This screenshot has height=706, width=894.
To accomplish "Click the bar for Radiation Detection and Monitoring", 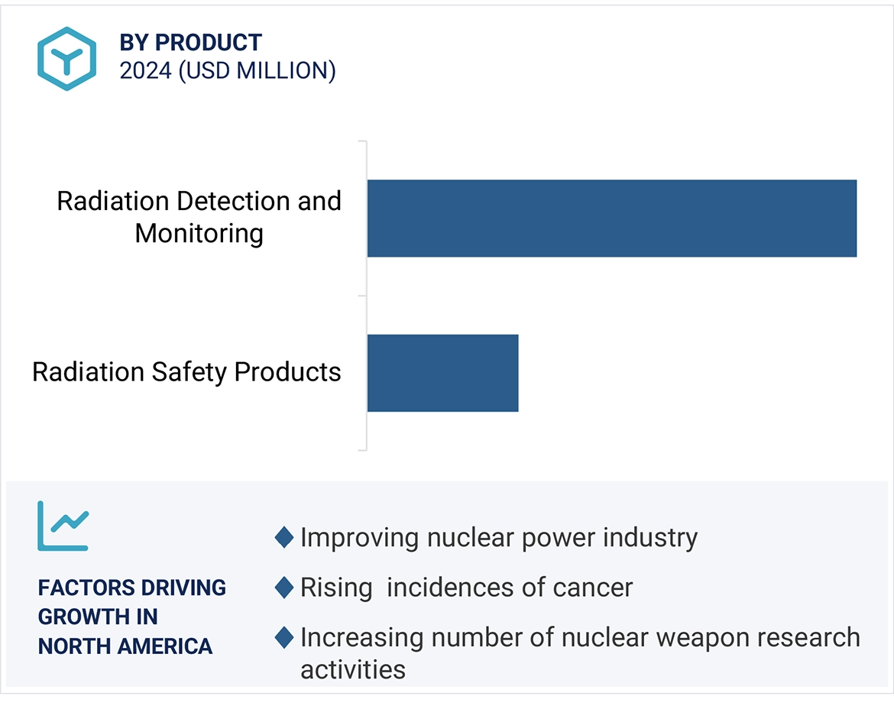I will [x=611, y=219].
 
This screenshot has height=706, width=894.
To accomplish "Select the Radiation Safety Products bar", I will [x=442, y=373].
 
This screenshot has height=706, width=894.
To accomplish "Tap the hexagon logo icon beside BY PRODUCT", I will [x=66, y=59].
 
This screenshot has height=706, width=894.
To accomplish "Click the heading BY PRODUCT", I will [x=190, y=43].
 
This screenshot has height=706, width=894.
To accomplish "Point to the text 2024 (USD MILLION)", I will [x=228, y=71].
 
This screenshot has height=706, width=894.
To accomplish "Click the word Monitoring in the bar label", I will [x=199, y=234].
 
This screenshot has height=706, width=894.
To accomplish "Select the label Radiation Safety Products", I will [x=186, y=372].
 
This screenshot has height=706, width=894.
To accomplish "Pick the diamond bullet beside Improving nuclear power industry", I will [x=284, y=538].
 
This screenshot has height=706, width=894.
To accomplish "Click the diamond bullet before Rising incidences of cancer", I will [x=284, y=588].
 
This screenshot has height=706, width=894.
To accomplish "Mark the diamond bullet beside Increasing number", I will [x=284, y=637].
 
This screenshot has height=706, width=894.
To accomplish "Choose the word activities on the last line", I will [x=352, y=670].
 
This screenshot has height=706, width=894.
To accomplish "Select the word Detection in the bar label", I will [x=234, y=202].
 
